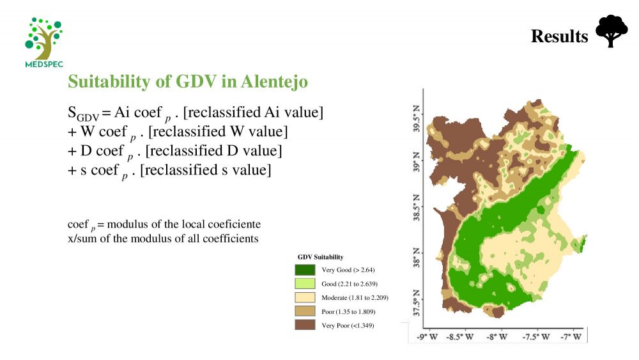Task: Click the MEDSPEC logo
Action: (x=44, y=42)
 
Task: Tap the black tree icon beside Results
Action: (x=612, y=31)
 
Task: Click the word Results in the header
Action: (x=560, y=36)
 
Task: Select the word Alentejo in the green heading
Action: (x=274, y=82)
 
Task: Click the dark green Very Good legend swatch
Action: (x=305, y=270)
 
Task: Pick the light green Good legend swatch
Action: (x=305, y=284)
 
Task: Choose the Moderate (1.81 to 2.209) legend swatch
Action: (x=305, y=297)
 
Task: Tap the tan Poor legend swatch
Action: (x=305, y=311)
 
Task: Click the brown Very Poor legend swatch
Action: (x=305, y=325)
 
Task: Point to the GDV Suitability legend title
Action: (x=320, y=257)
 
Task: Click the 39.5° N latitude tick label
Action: (x=416, y=118)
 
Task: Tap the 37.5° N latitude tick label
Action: (x=416, y=303)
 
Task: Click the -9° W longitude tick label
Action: (x=427, y=337)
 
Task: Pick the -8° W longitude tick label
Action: (x=497, y=337)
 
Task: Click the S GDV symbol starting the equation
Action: (x=83, y=113)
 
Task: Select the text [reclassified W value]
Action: (x=218, y=132)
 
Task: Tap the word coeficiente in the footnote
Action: (x=235, y=224)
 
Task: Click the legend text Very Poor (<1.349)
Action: (x=348, y=325)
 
